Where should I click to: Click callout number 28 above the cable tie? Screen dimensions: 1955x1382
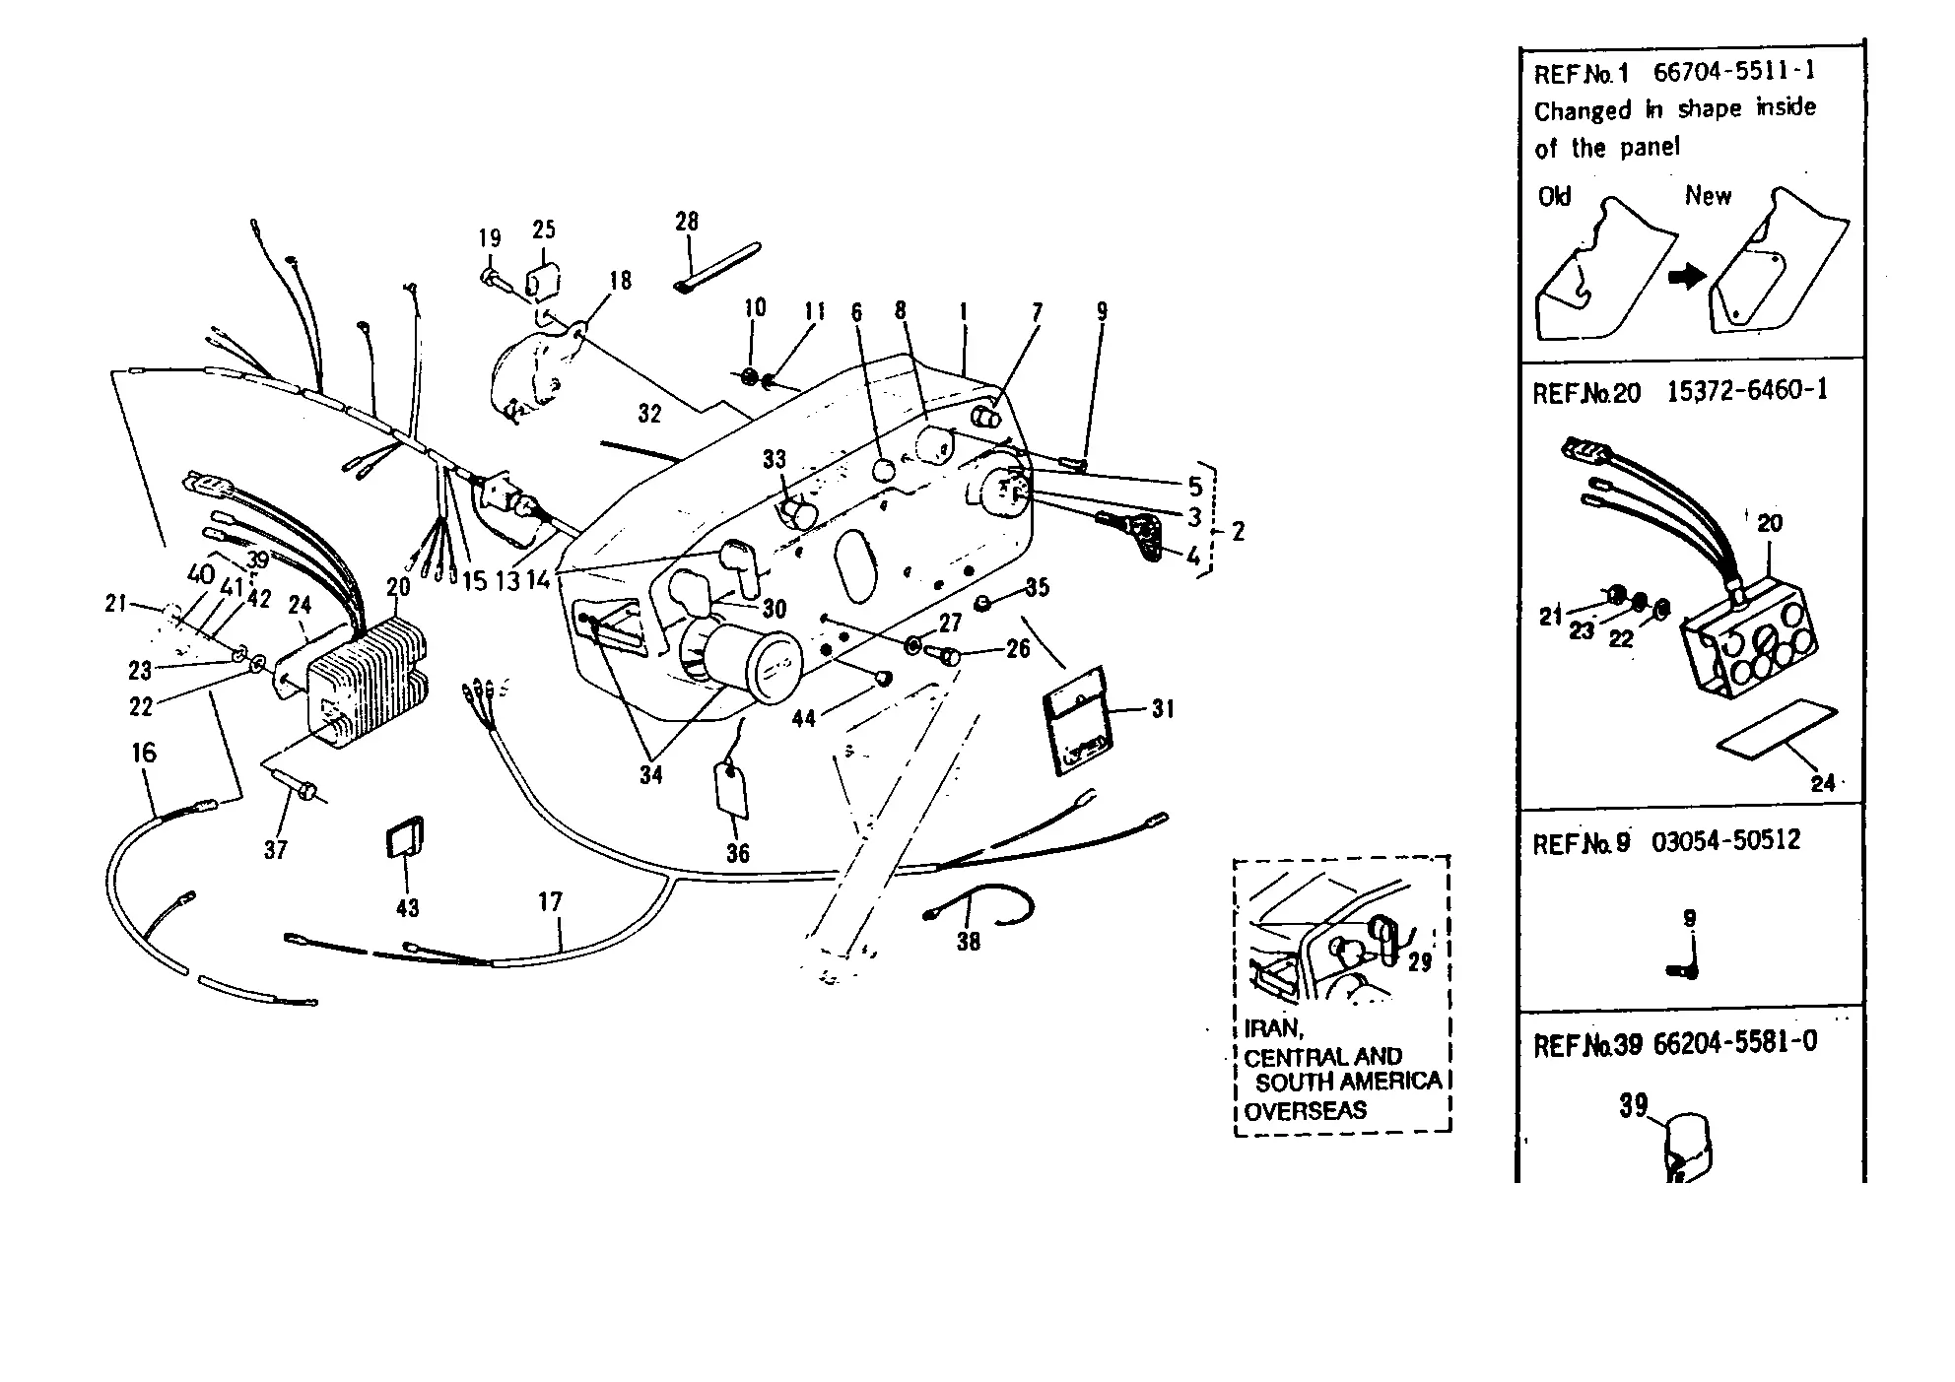coord(687,222)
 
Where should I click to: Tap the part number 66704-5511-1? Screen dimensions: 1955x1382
coord(1734,72)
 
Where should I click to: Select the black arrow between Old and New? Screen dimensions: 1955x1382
coord(1688,278)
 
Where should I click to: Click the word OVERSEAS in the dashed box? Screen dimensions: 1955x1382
coord(1306,1111)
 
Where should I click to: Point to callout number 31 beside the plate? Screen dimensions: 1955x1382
coord(1163,708)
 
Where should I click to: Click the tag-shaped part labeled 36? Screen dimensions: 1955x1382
coord(731,791)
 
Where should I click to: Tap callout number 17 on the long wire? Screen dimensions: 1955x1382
coord(550,901)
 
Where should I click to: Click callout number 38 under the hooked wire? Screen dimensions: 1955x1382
coord(969,942)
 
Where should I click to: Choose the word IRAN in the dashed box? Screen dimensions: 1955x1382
coord(1273,1028)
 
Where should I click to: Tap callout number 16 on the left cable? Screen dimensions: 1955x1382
coord(144,753)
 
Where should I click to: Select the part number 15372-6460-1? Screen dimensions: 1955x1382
coord(1747,391)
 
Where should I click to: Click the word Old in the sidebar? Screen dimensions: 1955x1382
coord(1554,197)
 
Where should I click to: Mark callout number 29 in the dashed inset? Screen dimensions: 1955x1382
coord(1420,962)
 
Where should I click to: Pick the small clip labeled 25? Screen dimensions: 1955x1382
coord(542,282)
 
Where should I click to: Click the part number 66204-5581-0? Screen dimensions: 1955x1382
coord(1735,1042)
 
